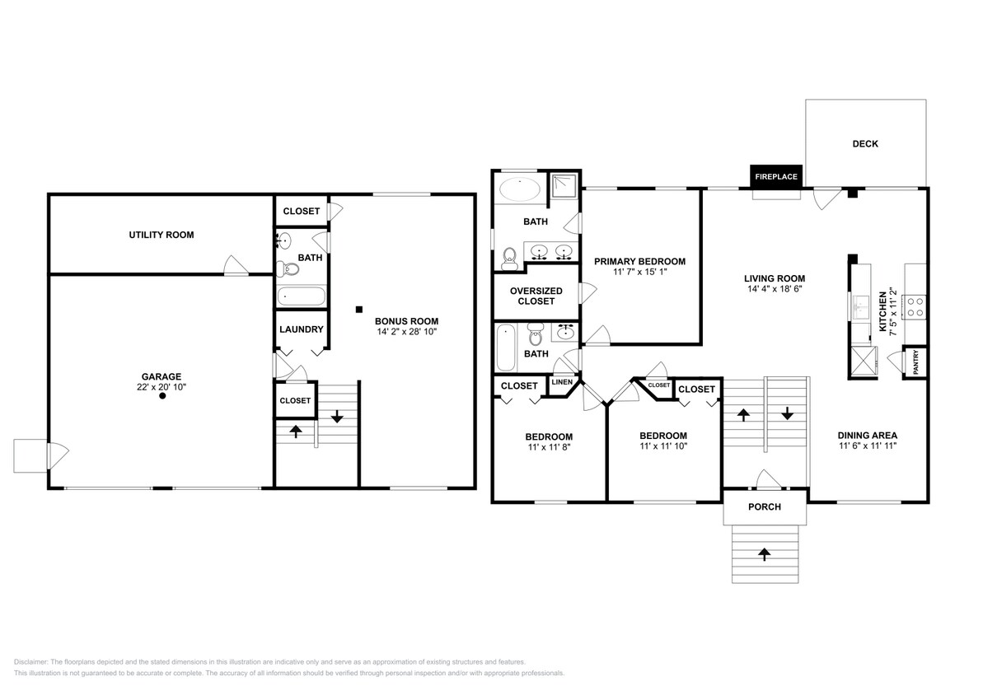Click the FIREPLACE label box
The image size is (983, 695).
pos(775,176)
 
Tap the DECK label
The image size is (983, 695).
pos(864,144)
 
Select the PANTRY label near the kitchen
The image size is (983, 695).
pos(915,363)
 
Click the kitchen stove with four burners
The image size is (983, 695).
pos(915,307)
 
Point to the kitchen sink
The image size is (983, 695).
pos(861,307)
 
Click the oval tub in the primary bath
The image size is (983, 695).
pos(520,189)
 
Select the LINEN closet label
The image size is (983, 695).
pos(562,382)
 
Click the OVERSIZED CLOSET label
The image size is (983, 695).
pos(536,296)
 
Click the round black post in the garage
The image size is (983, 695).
pos(162,396)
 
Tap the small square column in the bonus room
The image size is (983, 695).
pos(359,310)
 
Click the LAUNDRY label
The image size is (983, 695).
pos(300,329)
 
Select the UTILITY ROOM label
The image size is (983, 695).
pos(161,235)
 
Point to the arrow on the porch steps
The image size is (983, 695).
pos(764,554)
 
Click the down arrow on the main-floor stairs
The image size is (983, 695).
pos(787,413)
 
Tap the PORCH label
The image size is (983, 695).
pos(764,506)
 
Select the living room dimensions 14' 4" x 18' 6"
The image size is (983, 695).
pos(774,289)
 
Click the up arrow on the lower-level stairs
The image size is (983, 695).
pos(295,429)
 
